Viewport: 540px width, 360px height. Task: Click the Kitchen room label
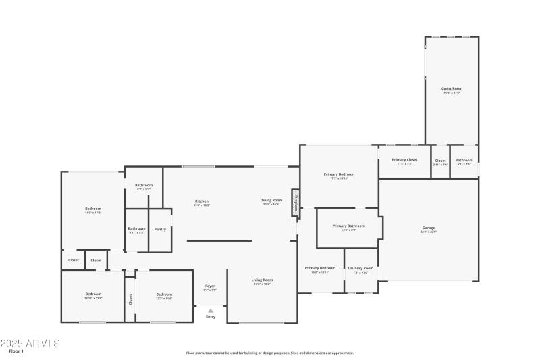tap(202, 201)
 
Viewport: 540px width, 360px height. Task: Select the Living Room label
tap(263, 280)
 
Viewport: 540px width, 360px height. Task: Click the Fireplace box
tap(295, 203)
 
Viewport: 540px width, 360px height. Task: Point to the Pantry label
tap(160, 229)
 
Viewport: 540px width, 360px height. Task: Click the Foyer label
tap(210, 286)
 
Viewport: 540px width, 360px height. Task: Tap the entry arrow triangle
tap(211, 311)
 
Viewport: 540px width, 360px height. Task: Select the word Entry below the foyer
tap(211, 317)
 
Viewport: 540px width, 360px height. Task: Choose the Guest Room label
tap(452, 88)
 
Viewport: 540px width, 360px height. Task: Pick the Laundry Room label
tap(360, 268)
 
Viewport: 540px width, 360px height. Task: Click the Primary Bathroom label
tap(349, 226)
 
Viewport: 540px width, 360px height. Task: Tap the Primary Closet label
tap(405, 160)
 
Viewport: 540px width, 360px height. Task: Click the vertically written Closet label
tap(130, 298)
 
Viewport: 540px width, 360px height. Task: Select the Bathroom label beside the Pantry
tap(137, 228)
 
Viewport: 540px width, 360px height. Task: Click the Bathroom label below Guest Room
tap(464, 160)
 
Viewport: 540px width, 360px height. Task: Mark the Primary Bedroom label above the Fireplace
tap(339, 174)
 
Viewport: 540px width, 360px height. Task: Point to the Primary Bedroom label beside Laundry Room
tap(320, 268)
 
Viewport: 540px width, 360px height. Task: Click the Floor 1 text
tap(16, 351)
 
